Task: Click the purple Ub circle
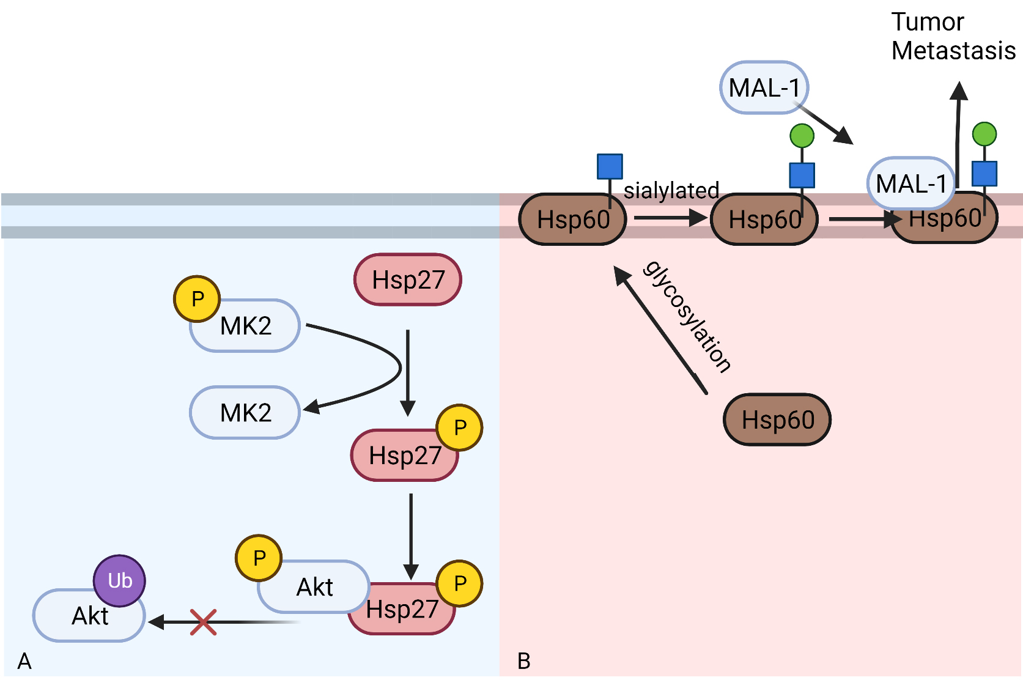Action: pyautogui.click(x=119, y=580)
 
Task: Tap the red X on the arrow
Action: pyautogui.click(x=202, y=622)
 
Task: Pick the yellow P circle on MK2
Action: pyautogui.click(x=197, y=298)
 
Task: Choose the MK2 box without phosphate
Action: pyautogui.click(x=245, y=413)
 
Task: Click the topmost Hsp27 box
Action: pyautogui.click(x=408, y=280)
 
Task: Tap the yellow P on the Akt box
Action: pyautogui.click(x=259, y=558)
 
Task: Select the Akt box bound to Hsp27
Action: pyautogui.click(x=314, y=587)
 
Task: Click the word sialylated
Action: pyautogui.click(x=671, y=191)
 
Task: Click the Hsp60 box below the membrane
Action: pyautogui.click(x=777, y=420)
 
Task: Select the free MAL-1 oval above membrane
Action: pyautogui.click(x=764, y=88)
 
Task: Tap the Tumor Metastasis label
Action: pyautogui.click(x=952, y=37)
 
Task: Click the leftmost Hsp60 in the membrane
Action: pyautogui.click(x=572, y=220)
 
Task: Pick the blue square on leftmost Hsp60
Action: pyautogui.click(x=610, y=166)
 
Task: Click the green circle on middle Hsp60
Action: pyautogui.click(x=802, y=136)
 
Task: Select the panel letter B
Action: pyautogui.click(x=523, y=661)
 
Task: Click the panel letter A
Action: pyautogui.click(x=24, y=661)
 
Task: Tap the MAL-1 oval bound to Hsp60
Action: pyautogui.click(x=910, y=183)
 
